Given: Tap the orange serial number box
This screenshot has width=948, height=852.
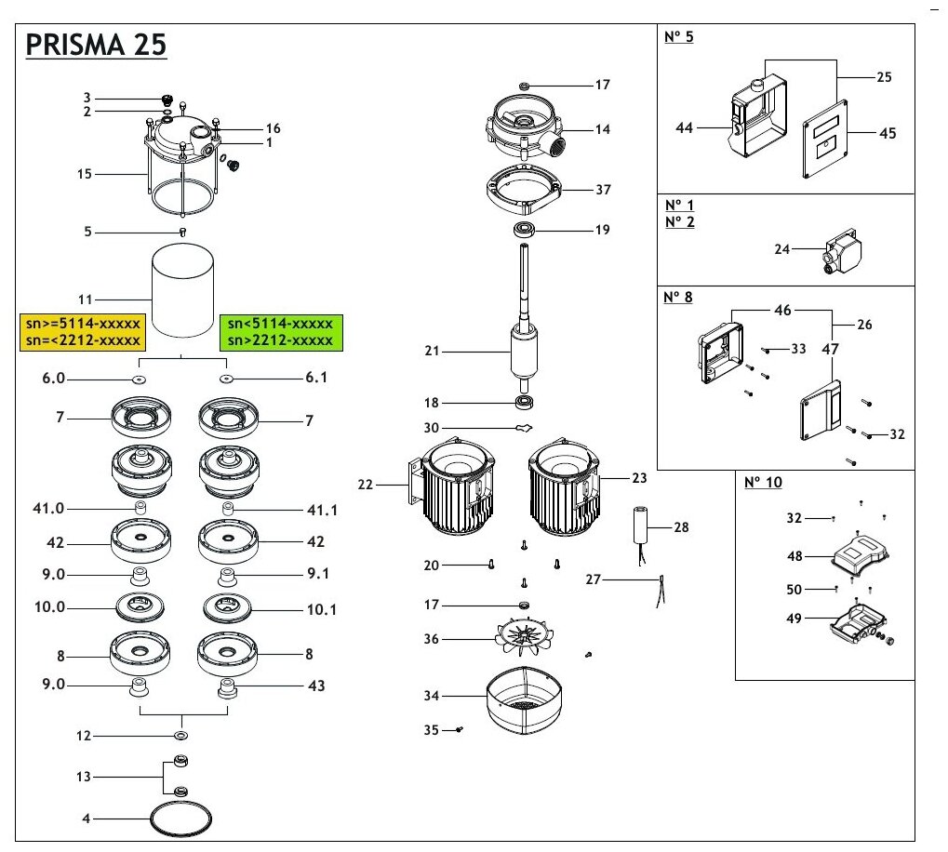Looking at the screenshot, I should coord(80,332).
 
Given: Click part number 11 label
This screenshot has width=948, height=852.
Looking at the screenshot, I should coord(86,300).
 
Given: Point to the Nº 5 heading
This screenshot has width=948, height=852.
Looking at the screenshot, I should coord(679,38).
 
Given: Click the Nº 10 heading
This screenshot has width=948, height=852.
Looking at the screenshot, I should coord(762,483).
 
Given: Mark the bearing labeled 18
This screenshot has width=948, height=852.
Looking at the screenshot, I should coord(527,403).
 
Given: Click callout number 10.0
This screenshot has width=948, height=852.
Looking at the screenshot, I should coord(50,607).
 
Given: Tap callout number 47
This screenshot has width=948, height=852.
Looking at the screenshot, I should coord(830,350).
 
